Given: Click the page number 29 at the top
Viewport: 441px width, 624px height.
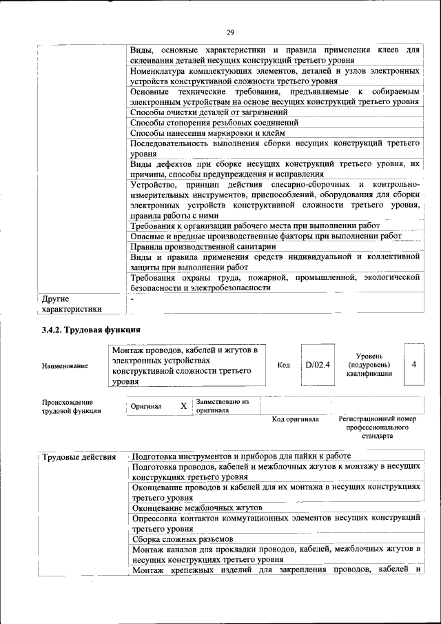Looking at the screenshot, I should [230, 32].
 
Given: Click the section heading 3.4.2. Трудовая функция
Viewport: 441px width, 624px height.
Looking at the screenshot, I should [92, 330].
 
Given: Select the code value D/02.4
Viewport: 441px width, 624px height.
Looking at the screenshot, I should [318, 365].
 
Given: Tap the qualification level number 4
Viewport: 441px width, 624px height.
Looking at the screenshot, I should [413, 364].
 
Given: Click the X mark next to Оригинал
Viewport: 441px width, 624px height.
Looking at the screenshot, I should [183, 406].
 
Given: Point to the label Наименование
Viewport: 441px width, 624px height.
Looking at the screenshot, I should [65, 365].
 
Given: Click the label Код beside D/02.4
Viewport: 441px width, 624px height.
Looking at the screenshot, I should [283, 365].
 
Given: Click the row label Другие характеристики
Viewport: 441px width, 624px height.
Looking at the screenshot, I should [72, 304].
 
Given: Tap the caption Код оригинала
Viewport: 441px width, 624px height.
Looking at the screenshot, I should [295, 419].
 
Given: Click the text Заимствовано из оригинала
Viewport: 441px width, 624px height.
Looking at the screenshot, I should [222, 405].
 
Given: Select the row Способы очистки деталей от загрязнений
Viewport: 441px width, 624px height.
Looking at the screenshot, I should [209, 112].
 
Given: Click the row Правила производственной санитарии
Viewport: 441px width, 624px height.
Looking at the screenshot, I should [203, 245].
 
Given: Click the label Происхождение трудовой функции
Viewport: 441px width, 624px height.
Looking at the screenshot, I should [72, 406].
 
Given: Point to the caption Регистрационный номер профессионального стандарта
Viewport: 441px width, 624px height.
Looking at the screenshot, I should [378, 427].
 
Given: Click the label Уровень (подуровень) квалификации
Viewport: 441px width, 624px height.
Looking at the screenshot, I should [369, 364].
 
